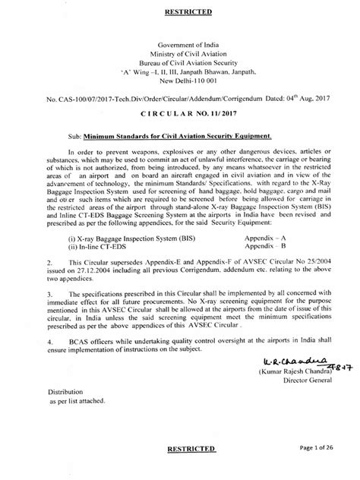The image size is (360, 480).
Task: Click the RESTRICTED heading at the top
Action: pos(180,12)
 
